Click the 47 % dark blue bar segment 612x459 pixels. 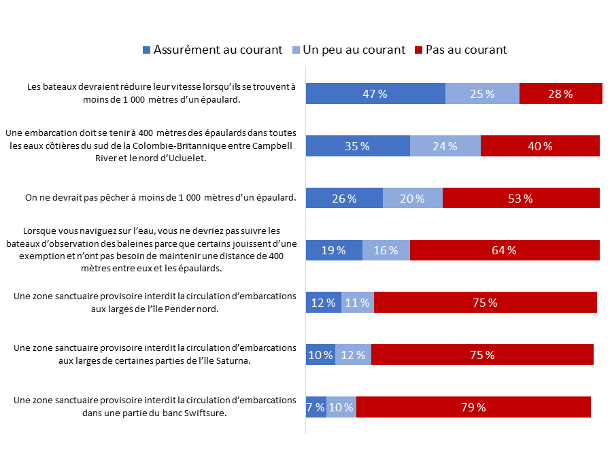pyautogui.click(x=375, y=94)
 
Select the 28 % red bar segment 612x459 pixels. pyautogui.click(x=560, y=94)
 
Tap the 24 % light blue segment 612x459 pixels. pyautogui.click(x=445, y=146)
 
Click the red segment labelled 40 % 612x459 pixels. pyautogui.click(x=540, y=146)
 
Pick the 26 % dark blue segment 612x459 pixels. pyautogui.click(x=344, y=199)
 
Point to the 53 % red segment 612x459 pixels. pyautogui.click(x=521, y=199)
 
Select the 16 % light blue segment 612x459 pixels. pyautogui.click(x=386, y=250)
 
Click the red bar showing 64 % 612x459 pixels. pyautogui.click(x=504, y=250)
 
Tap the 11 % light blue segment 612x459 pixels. pyautogui.click(x=357, y=303)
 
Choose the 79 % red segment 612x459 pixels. pyautogui.click(x=473, y=407)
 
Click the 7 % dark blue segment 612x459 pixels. pyautogui.click(x=316, y=407)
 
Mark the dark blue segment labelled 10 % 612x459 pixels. pyautogui.click(x=320, y=355)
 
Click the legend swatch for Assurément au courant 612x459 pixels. pyautogui.click(x=147, y=50)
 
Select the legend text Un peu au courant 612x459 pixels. pyautogui.click(x=354, y=50)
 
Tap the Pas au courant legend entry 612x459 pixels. pyautogui.click(x=466, y=50)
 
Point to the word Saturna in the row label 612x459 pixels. pyautogui.click(x=233, y=360)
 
